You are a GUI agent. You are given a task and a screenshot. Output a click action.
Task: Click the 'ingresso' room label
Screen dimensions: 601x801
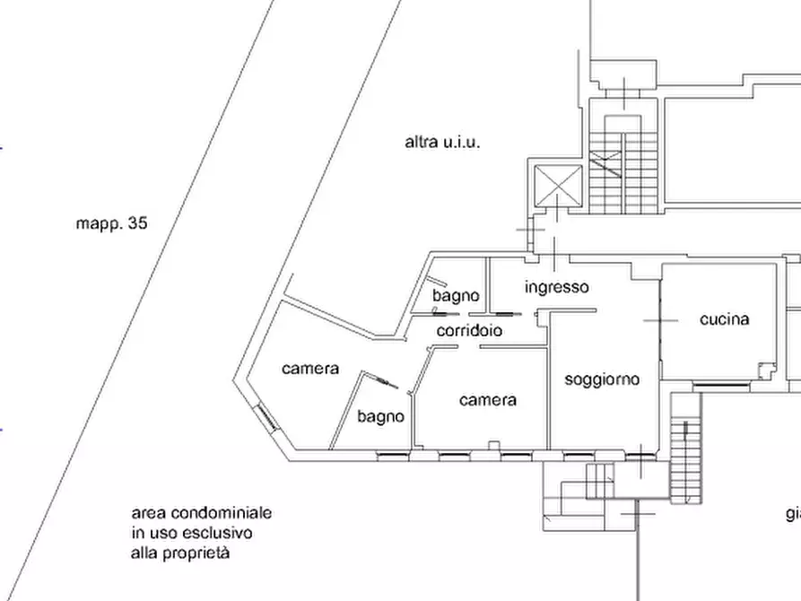click(556, 287)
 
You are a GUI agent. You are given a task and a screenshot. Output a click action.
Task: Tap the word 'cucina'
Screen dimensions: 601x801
click(724, 318)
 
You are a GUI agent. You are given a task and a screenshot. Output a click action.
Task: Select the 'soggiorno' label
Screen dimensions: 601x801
click(602, 379)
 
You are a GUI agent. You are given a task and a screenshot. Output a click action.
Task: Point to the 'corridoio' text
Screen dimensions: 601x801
click(469, 331)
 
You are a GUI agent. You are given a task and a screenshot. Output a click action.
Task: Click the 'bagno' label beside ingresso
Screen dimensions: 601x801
click(456, 295)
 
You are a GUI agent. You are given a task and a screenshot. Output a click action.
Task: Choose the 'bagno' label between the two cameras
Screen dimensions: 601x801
click(380, 416)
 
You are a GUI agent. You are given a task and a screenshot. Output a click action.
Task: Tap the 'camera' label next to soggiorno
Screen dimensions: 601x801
click(487, 399)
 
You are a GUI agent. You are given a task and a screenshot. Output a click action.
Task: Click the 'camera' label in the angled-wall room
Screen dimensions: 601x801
click(309, 369)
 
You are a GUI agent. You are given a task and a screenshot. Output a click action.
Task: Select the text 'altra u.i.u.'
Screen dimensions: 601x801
click(442, 142)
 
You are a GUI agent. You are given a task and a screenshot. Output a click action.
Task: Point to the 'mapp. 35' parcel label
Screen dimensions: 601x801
click(111, 223)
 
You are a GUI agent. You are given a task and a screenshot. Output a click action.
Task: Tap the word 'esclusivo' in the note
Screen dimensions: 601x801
click(220, 534)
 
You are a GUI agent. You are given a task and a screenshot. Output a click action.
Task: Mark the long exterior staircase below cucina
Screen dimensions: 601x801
click(686, 449)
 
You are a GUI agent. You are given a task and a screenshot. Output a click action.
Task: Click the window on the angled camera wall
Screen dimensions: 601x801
click(267, 416)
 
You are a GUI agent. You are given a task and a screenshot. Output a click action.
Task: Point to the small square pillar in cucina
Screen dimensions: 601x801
click(763, 370)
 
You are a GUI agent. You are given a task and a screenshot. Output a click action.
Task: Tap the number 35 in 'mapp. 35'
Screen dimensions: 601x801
click(137, 223)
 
